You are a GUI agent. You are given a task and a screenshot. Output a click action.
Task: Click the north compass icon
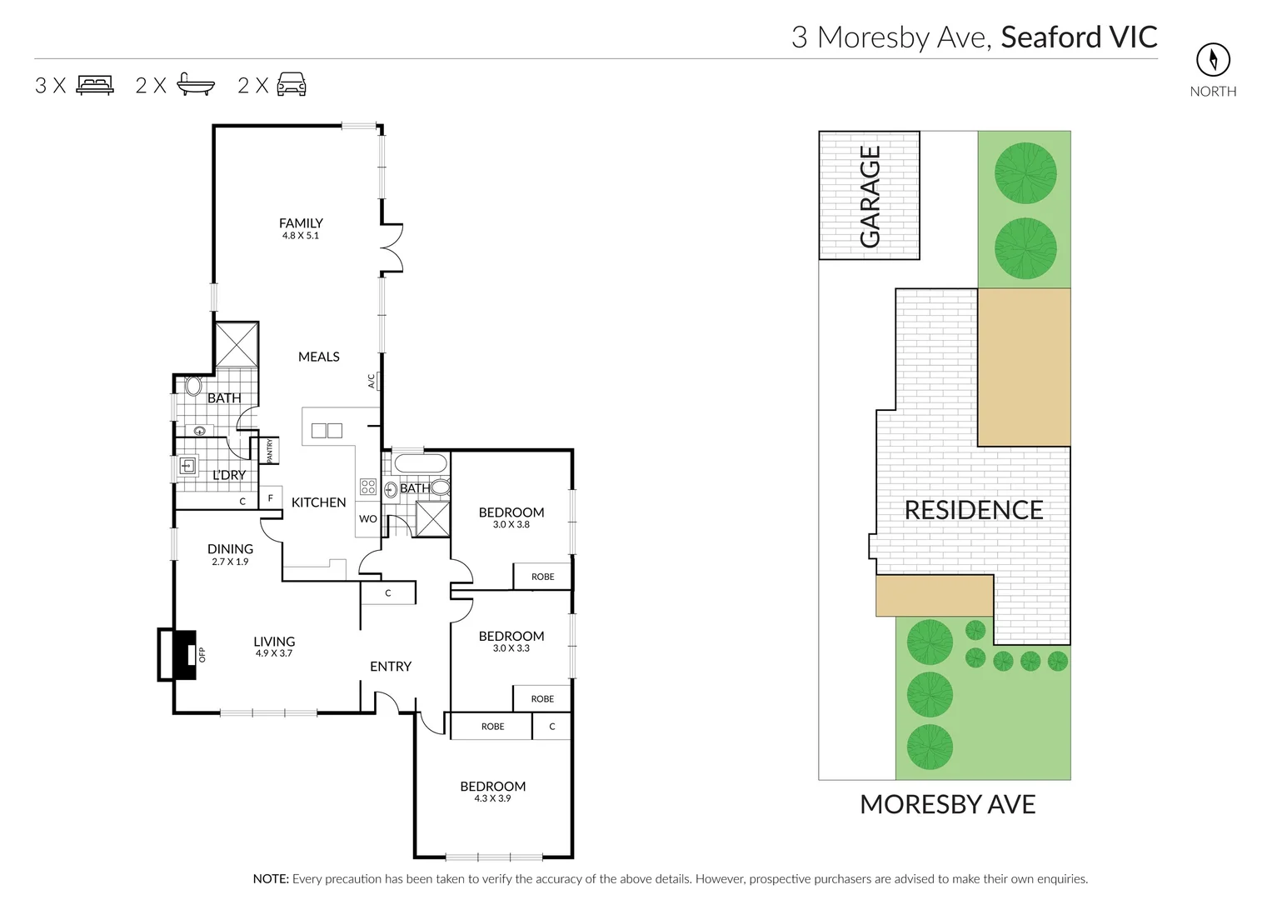1213,59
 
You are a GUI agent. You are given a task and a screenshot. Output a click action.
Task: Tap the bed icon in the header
95,85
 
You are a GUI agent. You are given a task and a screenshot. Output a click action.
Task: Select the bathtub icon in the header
196,85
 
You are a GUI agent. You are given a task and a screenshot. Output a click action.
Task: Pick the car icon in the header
292,85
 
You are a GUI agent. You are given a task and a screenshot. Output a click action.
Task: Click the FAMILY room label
301,223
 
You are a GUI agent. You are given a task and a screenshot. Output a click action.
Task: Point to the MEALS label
319,357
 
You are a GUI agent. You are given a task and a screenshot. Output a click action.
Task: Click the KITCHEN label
318,502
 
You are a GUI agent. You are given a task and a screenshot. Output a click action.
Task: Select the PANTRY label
270,451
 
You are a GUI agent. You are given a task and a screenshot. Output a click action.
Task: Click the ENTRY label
391,667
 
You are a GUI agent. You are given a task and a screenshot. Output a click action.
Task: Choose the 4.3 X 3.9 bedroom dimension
492,798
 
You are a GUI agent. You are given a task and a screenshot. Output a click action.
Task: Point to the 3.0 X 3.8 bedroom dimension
511,525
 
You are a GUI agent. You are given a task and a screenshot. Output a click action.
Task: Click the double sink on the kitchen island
327,431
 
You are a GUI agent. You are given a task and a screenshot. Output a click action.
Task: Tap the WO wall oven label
367,519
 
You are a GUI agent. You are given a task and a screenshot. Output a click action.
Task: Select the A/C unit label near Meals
372,381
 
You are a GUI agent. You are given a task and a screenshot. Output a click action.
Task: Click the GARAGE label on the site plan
870,197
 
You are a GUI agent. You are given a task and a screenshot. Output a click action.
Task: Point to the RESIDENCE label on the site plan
974,510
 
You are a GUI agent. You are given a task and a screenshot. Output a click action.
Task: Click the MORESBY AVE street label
947,804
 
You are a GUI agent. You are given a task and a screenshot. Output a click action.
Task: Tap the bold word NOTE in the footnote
270,879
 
